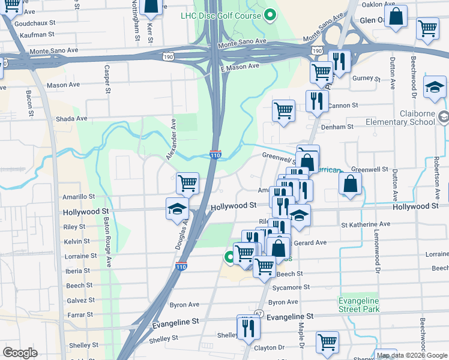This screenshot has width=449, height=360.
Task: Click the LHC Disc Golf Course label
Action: [x=221, y=16]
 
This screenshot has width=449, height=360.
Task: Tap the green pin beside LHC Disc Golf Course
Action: [x=271, y=16]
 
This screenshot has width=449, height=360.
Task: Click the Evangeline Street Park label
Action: [x=359, y=304]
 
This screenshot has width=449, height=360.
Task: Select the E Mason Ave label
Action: [x=239, y=68]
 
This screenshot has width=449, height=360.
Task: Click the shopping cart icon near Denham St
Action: [x=283, y=110]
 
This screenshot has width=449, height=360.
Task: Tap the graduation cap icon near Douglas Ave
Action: [x=178, y=209]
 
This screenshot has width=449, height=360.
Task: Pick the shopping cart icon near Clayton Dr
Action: [x=327, y=343]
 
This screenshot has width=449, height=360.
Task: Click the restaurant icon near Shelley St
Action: [x=247, y=327]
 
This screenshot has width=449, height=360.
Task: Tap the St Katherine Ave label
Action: [x=366, y=224]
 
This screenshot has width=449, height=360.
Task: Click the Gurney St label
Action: [x=366, y=79]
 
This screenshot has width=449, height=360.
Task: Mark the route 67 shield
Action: [x=259, y=313]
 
